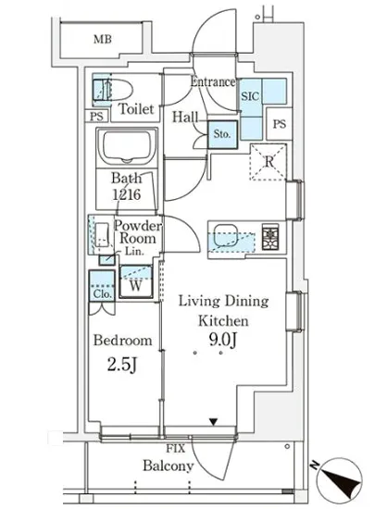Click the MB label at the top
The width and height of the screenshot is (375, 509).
click(103, 39)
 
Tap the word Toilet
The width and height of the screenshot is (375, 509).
click(136, 109)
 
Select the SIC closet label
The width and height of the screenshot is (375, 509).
click(250, 96)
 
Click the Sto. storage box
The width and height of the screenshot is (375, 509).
click(222, 134)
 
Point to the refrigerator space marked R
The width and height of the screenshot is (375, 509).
click(269, 162)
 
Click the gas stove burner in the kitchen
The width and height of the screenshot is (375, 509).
click(270, 238)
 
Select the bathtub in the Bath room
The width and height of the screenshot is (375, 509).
click(127, 146)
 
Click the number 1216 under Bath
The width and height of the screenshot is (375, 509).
click(127, 194)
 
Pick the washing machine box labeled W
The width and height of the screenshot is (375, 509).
click(136, 281)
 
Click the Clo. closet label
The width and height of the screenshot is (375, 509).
click(102, 294)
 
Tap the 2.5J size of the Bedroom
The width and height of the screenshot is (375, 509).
click(122, 366)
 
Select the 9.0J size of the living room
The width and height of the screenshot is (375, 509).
click(222, 341)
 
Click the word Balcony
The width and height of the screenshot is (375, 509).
click(169, 466)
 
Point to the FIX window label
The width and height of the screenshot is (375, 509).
click(175, 449)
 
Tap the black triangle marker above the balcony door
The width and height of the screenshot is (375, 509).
click(213, 422)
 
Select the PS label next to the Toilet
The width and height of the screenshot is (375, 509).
click(96, 117)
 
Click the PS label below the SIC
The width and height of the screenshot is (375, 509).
click(280, 124)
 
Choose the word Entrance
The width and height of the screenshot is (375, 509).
click(213, 81)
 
